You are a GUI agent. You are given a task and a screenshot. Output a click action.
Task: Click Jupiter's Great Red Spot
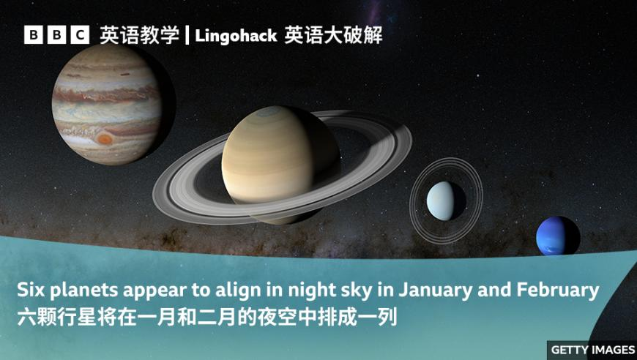pyautogui.click(x=105, y=139)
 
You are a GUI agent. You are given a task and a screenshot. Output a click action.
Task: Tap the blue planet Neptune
pyautogui.click(x=557, y=236)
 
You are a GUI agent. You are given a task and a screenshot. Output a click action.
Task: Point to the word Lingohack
pyautogui.click(x=236, y=36)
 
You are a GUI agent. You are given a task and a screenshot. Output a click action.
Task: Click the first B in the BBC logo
pyautogui.click(x=33, y=35)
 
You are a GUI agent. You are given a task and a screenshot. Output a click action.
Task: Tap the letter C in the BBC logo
pyautogui.click(x=80, y=35)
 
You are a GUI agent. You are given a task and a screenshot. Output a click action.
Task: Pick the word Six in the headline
pyautogui.click(x=31, y=290)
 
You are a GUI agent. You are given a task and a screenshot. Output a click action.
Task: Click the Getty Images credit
pyautogui.click(x=593, y=350)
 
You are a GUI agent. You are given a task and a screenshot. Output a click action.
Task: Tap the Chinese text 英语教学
pyautogui.click(x=139, y=35)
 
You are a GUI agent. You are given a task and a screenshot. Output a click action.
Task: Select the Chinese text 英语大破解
pyautogui.click(x=333, y=35)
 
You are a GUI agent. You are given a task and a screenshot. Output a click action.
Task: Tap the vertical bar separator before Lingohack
pyautogui.click(x=187, y=35)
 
